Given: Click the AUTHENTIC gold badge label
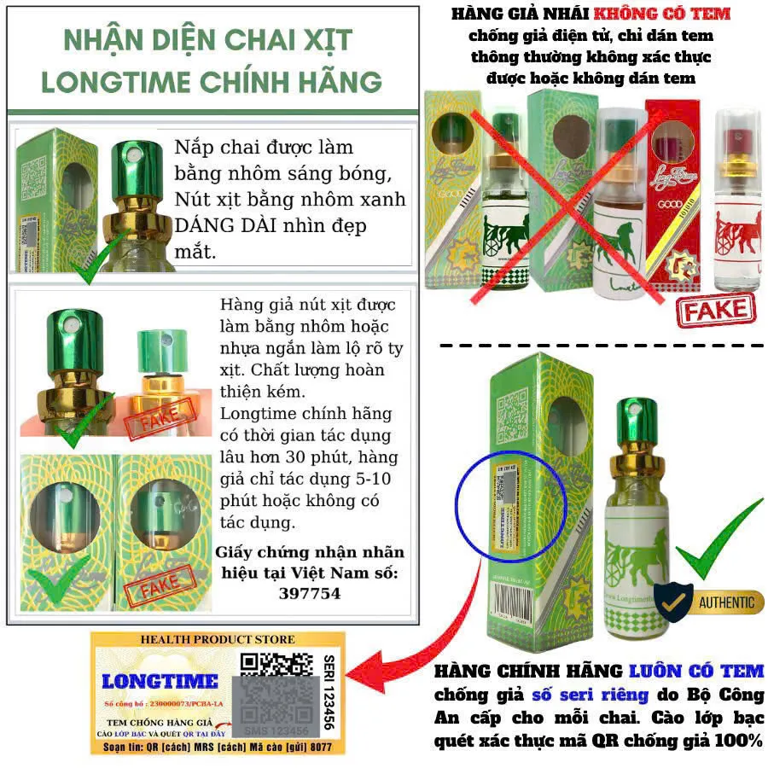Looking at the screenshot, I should pyautogui.click(x=725, y=602).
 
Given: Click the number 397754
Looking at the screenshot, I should pyautogui.click(x=309, y=593).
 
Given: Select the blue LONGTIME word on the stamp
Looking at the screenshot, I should pyautogui.click(x=160, y=681).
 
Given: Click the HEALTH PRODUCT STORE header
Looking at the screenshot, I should pyautogui.click(x=218, y=639).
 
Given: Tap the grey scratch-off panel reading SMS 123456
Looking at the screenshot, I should pyautogui.click(x=274, y=706).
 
